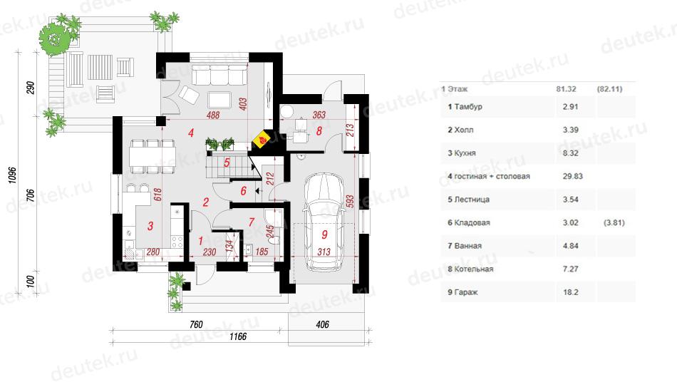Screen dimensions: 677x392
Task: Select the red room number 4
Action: pyautogui.click(x=191, y=133)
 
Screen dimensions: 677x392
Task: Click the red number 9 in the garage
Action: pyautogui.click(x=325, y=234)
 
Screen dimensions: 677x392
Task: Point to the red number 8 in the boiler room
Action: pyautogui.click(x=319, y=131)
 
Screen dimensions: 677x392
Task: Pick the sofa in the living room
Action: pyautogui.click(x=219, y=75)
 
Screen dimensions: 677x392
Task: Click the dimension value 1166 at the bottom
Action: pyautogui.click(x=237, y=336)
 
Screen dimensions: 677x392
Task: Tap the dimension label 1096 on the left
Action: pyautogui.click(x=13, y=175)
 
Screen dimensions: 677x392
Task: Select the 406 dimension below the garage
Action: pyautogui.click(x=323, y=324)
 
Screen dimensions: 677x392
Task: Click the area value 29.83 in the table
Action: pyautogui.click(x=572, y=176)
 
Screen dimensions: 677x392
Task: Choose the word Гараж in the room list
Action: pyautogui.click(x=466, y=292)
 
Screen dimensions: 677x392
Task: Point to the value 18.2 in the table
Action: pyautogui.click(x=570, y=292)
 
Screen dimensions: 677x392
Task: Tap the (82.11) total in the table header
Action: pyautogui.click(x=609, y=89)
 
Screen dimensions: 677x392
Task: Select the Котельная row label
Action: pyautogui.click(x=474, y=269)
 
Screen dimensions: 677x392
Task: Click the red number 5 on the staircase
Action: pyautogui.click(x=227, y=163)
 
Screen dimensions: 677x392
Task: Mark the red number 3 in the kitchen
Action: pyautogui.click(x=150, y=226)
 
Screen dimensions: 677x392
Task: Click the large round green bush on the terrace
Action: pyautogui.click(x=53, y=39)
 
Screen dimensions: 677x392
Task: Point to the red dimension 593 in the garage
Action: pyautogui.click(x=350, y=201)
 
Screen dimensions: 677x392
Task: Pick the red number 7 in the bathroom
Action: pyautogui.click(x=252, y=222)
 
